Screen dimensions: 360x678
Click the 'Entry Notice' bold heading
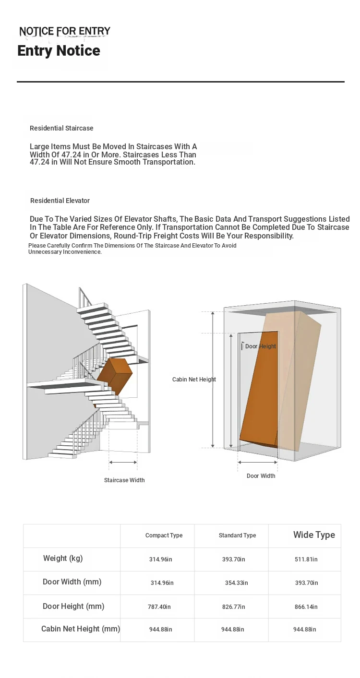click(x=59, y=50)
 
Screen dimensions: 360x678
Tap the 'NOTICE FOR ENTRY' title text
click(x=65, y=31)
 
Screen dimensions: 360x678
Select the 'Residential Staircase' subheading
click(x=61, y=128)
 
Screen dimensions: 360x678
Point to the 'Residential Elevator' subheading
click(x=60, y=201)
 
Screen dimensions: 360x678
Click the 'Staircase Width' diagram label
click(x=124, y=480)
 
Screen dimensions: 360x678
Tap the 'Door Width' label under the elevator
click(x=261, y=476)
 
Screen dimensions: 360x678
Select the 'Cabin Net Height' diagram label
click(x=194, y=379)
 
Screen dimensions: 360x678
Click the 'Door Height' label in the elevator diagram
click(x=260, y=346)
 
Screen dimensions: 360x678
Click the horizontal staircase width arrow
click(x=123, y=462)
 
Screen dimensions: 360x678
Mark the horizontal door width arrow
click(x=258, y=462)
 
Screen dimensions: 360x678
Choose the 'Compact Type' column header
click(x=164, y=535)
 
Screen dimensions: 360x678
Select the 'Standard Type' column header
click(x=238, y=535)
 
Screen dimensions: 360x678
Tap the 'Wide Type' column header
click(x=314, y=535)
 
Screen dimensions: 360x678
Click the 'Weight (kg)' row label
click(x=63, y=558)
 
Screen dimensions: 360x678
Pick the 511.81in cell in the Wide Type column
click(x=306, y=559)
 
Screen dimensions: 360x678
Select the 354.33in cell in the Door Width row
click(x=237, y=583)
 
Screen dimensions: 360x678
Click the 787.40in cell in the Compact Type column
click(x=159, y=607)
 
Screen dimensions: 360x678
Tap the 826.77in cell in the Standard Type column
click(x=234, y=607)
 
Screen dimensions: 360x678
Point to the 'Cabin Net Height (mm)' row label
click(x=81, y=629)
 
